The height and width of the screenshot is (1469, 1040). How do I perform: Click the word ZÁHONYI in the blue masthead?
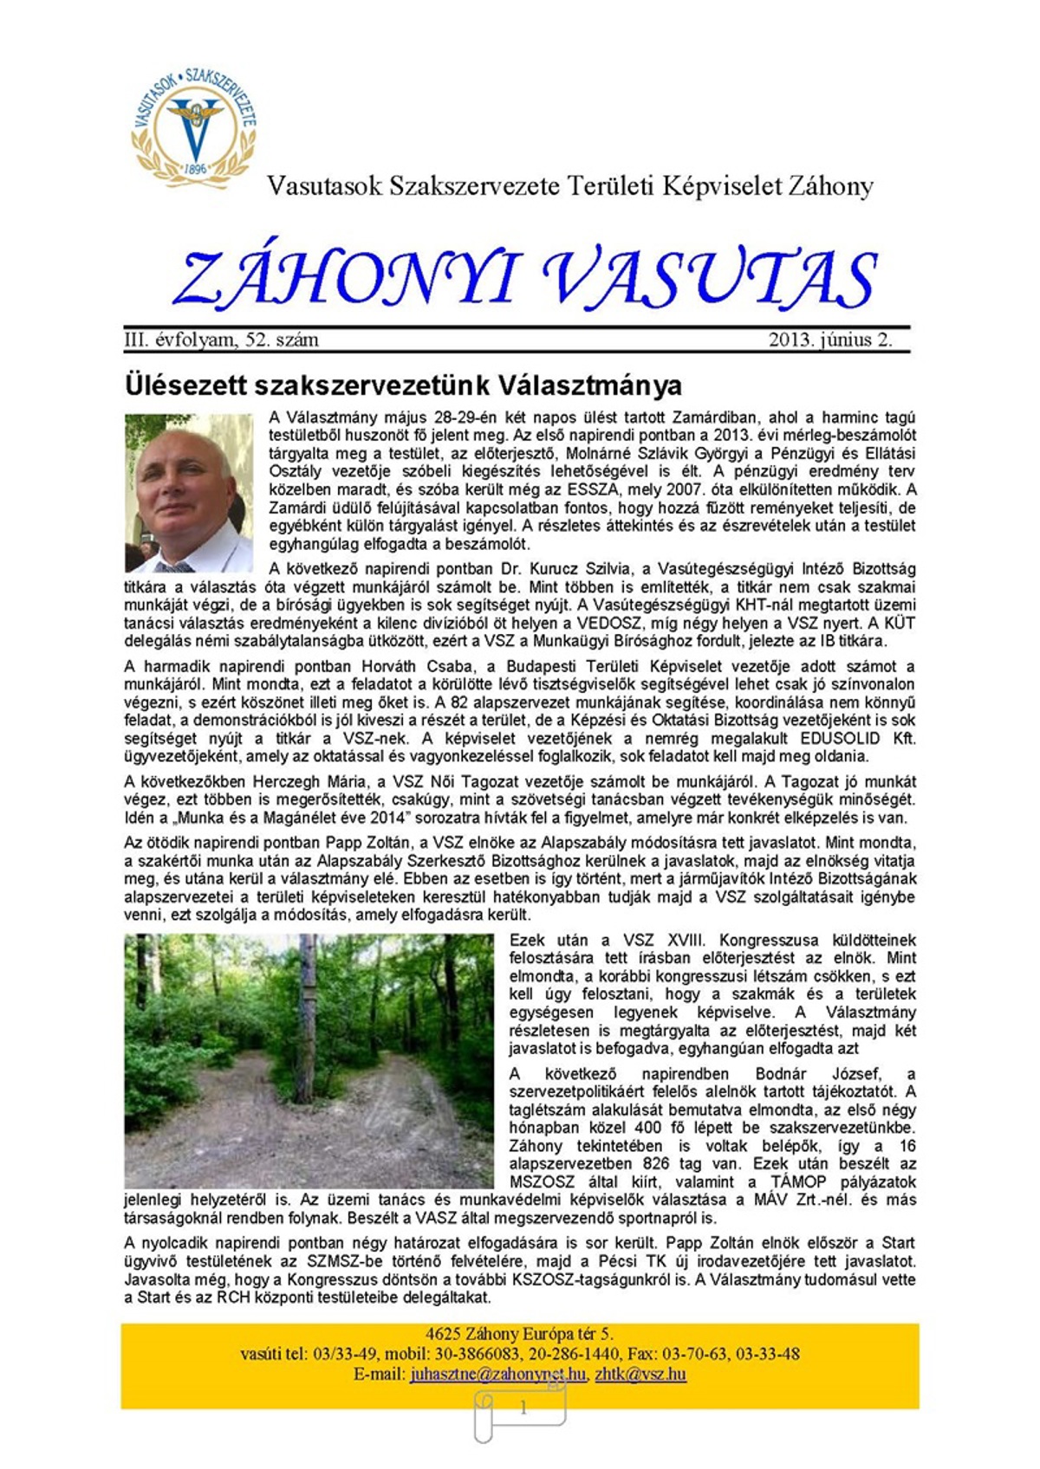347,279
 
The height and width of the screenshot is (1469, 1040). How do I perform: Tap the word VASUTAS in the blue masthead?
711,279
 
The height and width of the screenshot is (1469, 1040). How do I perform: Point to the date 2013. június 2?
830,340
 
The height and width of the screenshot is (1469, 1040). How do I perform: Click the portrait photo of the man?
189,493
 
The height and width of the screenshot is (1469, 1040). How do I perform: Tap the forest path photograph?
309,1060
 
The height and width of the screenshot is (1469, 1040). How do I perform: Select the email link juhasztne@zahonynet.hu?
498,1374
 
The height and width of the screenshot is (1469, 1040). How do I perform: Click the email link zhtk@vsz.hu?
640,1374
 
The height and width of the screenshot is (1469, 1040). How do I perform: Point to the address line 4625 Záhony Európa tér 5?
519,1334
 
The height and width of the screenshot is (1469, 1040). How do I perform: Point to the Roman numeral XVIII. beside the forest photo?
686,940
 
